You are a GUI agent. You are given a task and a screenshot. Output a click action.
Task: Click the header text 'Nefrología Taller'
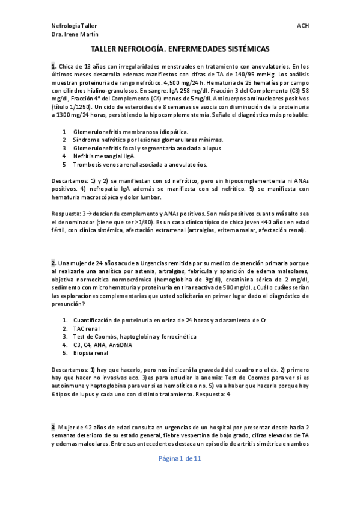coord(74,26)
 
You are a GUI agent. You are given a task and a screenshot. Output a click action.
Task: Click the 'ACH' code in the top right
coord(302,26)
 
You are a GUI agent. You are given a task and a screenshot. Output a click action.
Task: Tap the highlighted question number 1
coord(53,66)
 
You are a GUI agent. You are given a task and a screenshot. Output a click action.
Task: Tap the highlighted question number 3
coord(53,427)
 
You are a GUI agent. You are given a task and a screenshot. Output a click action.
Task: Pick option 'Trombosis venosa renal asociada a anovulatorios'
coord(140,164)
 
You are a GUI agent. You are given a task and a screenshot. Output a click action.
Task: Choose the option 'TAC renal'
coord(87,329)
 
